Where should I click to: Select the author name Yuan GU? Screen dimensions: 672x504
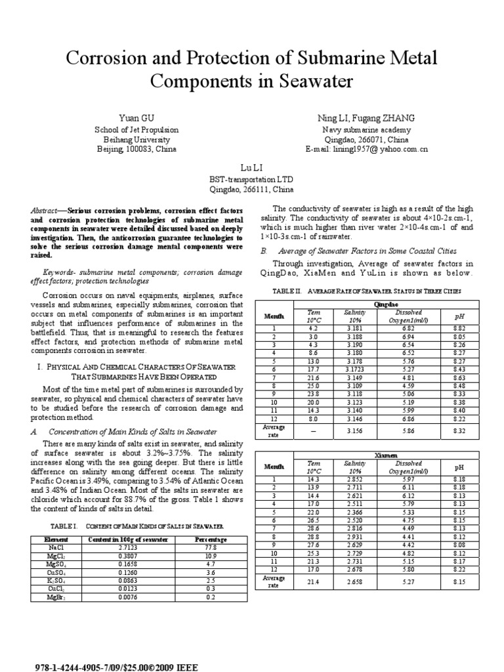tap(136, 117)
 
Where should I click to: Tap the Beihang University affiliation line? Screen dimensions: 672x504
tap(136, 140)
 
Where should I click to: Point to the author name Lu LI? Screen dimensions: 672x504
tap(252, 168)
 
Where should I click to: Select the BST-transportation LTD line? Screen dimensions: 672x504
tap(251, 179)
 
